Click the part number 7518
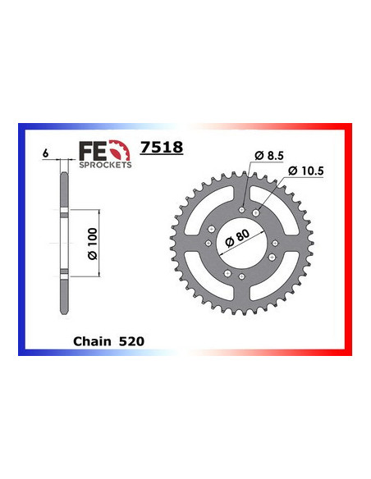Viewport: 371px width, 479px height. [163, 148]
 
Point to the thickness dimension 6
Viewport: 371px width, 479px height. [47, 153]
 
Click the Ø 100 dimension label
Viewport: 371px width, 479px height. [94, 243]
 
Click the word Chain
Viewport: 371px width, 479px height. [90, 339]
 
